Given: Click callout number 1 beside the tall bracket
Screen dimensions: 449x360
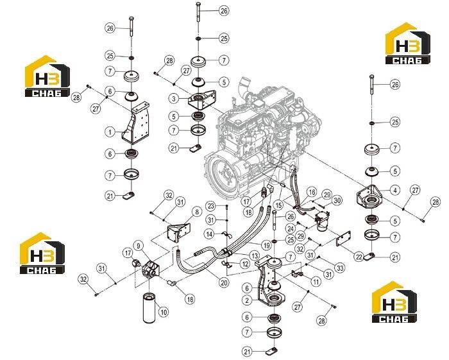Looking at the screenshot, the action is tap(110, 132).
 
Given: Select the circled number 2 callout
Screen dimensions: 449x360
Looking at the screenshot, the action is tap(247, 300).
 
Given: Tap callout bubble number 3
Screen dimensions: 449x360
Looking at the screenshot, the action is tap(174, 99).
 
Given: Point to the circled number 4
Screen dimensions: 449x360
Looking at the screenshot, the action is tap(395, 190).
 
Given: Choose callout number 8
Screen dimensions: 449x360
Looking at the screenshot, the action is tap(197, 212).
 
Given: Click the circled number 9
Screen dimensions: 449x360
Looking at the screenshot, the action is tap(139, 246).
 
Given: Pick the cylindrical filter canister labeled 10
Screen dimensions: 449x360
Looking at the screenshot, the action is tap(149, 308).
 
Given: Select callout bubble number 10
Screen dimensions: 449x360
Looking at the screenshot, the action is tap(164, 312).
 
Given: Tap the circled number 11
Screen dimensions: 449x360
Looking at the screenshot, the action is tap(316, 282).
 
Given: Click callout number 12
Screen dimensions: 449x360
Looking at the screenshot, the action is tap(244, 264).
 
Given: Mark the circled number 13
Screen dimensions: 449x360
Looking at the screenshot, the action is tap(254, 255).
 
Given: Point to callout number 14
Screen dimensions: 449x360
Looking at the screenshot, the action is tap(210, 234).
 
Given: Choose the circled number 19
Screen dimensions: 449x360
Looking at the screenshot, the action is tap(267, 245).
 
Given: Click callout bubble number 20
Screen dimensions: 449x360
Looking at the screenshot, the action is tap(224, 282).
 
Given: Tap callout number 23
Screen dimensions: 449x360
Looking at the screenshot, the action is tap(211, 206).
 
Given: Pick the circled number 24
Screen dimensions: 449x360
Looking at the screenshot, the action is tap(291, 229).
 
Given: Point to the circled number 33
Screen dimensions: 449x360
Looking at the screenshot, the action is tap(340, 268).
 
